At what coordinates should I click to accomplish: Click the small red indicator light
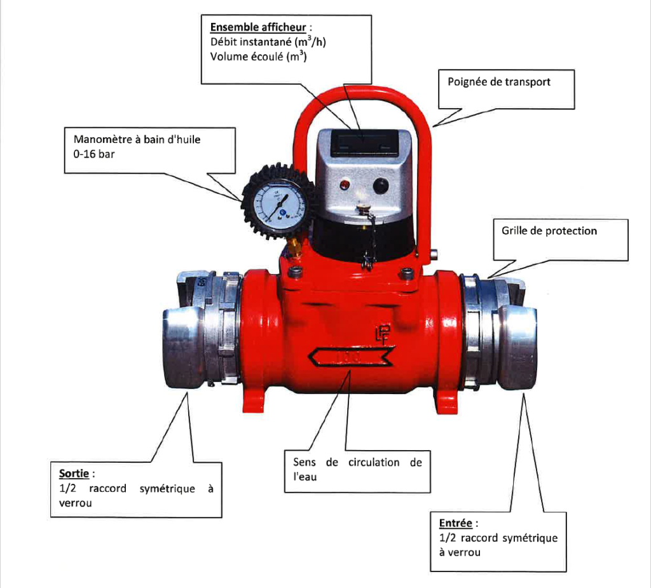click(x=345, y=185)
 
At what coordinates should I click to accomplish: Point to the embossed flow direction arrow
click(x=350, y=358)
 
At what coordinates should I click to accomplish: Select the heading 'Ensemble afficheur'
click(x=257, y=27)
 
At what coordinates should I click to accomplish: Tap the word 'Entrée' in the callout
click(x=456, y=524)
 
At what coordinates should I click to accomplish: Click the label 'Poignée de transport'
click(x=499, y=82)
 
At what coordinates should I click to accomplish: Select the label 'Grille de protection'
click(x=549, y=231)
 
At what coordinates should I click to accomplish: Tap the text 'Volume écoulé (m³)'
click(x=255, y=57)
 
